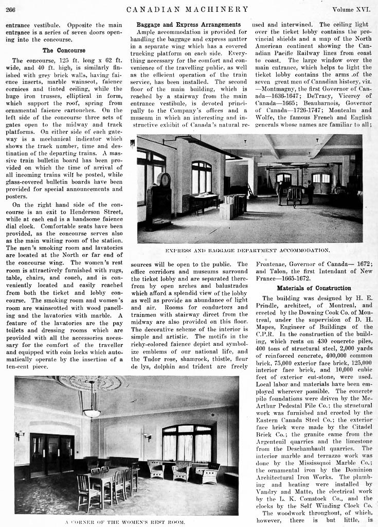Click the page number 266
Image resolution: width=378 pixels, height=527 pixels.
[x=10, y=9]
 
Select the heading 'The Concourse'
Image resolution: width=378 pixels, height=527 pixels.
[x=64, y=50]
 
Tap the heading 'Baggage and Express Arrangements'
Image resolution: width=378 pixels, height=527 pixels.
[x=189, y=24]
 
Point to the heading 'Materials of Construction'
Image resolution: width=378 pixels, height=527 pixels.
[x=314, y=288]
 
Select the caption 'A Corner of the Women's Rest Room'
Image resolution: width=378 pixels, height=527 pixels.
[x=125, y=522]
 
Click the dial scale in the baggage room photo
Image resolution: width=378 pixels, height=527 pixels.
[x=164, y=180]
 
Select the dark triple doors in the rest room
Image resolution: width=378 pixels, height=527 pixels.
[x=52, y=452]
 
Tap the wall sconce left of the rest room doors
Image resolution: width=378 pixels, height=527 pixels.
[x=20, y=435]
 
